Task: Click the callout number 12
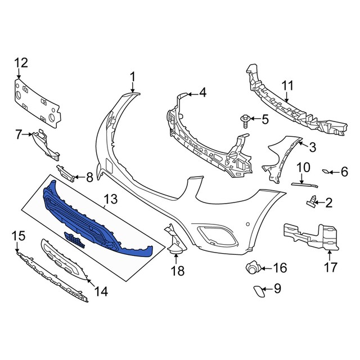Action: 20,62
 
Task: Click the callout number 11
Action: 287,85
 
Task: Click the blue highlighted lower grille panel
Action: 96,219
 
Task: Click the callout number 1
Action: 133,76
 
